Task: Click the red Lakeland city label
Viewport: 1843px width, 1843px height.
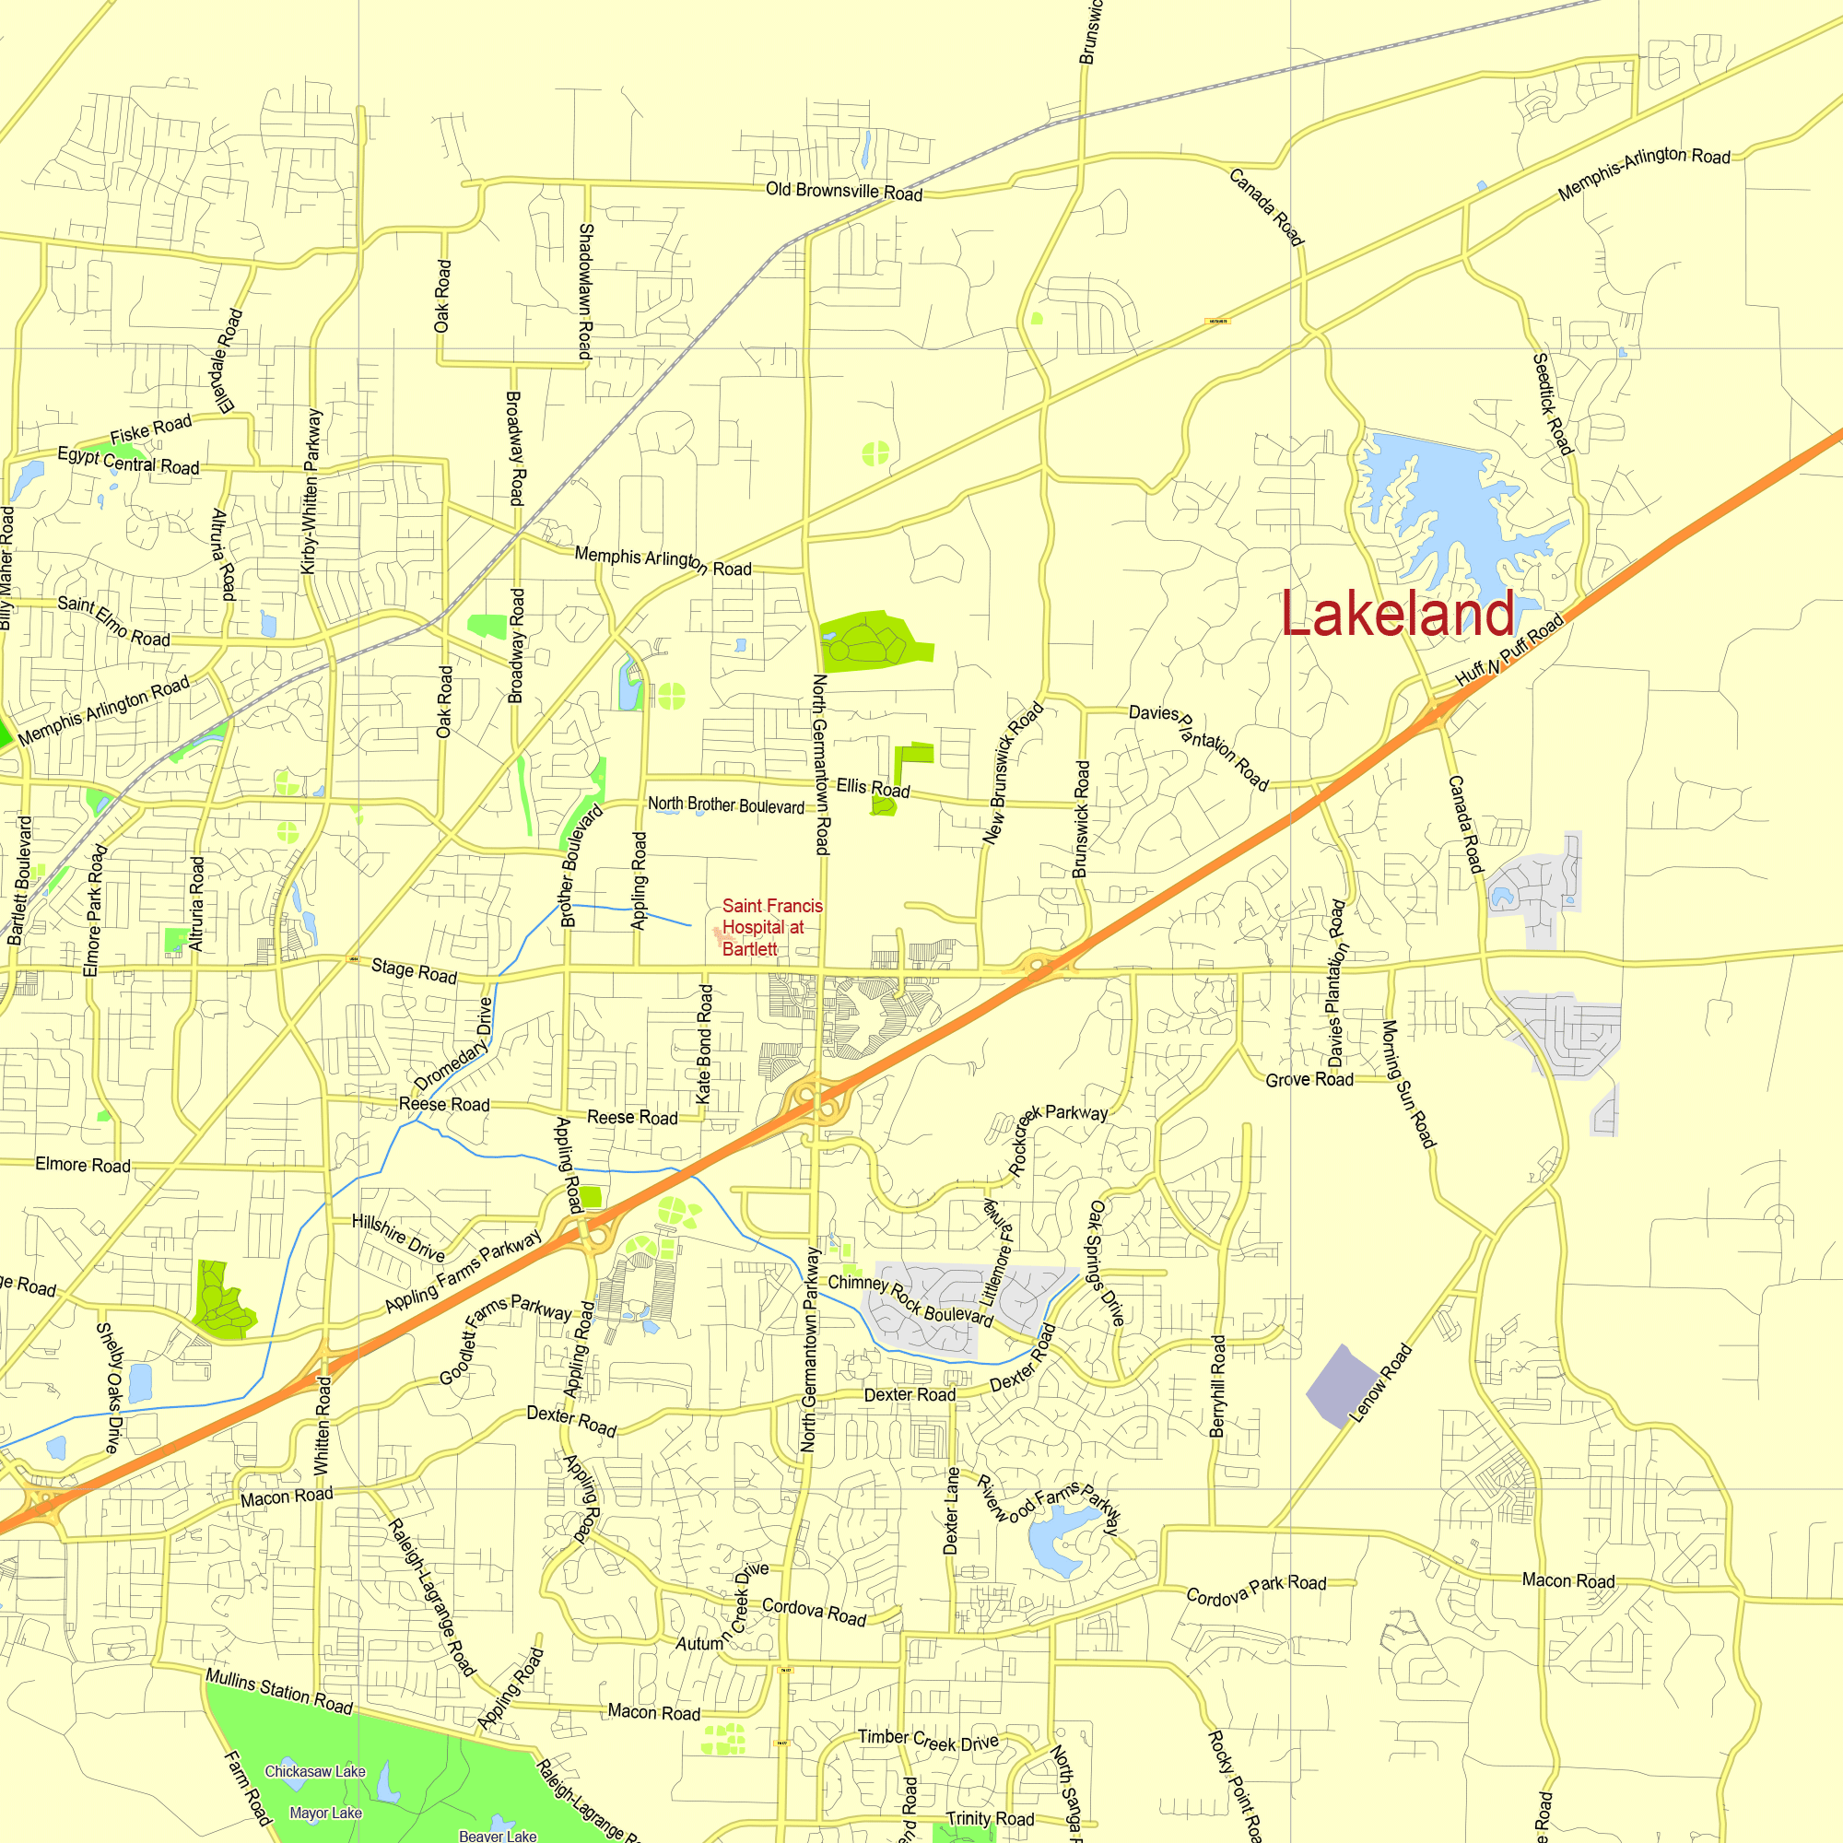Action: pyautogui.click(x=1398, y=614)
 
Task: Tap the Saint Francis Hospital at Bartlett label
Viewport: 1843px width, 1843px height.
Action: pyautogui.click(x=770, y=927)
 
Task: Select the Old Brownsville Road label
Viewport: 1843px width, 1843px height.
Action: pyautogui.click(x=844, y=192)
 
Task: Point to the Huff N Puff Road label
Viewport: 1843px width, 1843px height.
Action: pyautogui.click(x=1510, y=651)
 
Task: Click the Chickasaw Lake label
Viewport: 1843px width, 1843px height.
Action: pyautogui.click(x=315, y=1771)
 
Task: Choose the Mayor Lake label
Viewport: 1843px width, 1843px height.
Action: pyautogui.click(x=325, y=1814)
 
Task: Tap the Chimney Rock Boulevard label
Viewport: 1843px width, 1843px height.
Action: pyautogui.click(x=910, y=1300)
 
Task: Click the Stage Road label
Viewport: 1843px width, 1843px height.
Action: pyautogui.click(x=414, y=971)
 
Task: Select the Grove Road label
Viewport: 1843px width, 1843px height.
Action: pyautogui.click(x=1309, y=1080)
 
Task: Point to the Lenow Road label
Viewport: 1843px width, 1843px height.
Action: pyautogui.click(x=1380, y=1383)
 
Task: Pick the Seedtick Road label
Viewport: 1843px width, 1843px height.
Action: pyautogui.click(x=1551, y=404)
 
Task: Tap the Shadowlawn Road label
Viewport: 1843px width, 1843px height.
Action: pyautogui.click(x=586, y=291)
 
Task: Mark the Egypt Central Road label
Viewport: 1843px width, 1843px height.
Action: pyautogui.click(x=129, y=461)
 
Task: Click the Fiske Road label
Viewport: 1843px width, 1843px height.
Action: pyautogui.click(x=151, y=429)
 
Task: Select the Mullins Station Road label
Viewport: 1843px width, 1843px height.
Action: pyautogui.click(x=278, y=1691)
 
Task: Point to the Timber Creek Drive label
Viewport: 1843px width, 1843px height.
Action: pyautogui.click(x=927, y=1740)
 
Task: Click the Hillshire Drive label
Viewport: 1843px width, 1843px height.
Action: pyautogui.click(x=398, y=1238)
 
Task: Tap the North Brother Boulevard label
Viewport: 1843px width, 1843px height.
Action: pyautogui.click(x=726, y=805)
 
